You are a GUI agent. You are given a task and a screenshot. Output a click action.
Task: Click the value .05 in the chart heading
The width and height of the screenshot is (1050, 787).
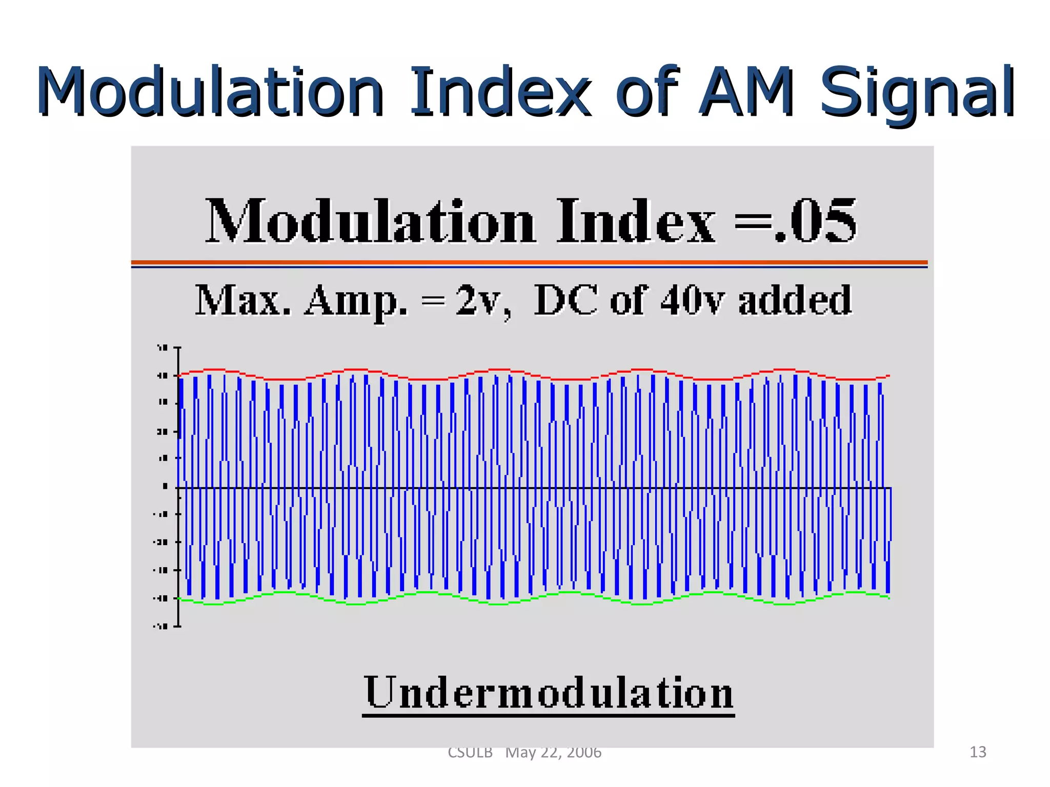815,221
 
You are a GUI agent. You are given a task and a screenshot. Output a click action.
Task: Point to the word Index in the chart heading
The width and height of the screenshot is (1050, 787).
636,221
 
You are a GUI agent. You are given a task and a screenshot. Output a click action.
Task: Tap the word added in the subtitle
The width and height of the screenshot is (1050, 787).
795,301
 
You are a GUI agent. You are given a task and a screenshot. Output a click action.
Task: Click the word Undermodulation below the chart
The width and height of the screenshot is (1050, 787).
549,693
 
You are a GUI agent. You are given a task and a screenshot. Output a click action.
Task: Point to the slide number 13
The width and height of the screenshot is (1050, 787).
978,752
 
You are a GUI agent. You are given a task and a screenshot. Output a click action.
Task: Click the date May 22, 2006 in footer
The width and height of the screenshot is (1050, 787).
553,752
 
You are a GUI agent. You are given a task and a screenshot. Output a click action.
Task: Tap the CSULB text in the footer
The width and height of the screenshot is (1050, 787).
470,752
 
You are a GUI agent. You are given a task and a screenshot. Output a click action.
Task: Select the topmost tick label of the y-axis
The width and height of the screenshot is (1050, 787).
163,348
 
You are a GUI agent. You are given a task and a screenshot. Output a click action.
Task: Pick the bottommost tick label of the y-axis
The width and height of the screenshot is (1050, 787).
161,626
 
